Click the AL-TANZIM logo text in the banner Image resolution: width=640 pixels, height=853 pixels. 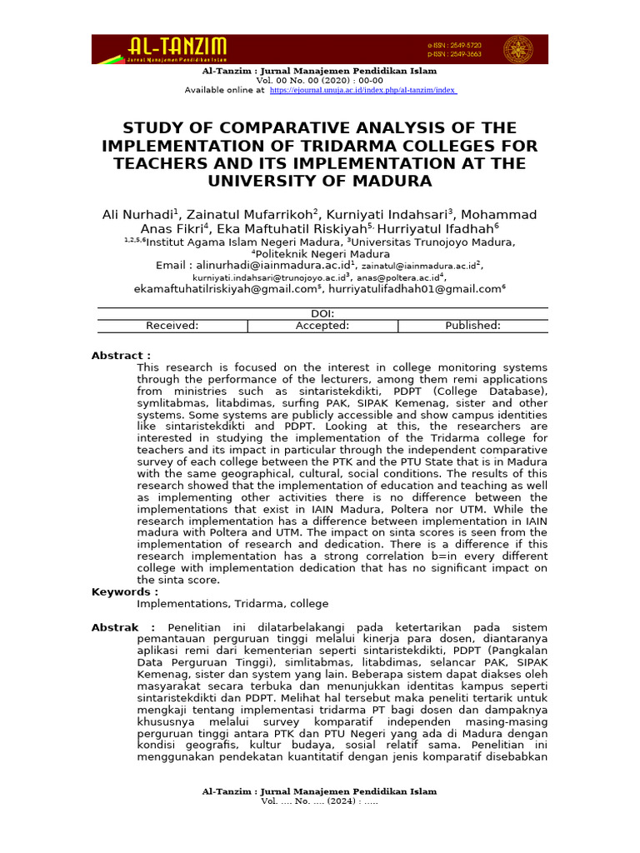177,46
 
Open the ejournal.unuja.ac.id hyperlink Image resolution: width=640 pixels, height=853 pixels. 362,90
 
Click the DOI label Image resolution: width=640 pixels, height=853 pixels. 322,314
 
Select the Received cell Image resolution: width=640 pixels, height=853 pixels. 172,326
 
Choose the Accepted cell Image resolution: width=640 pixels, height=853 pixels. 322,326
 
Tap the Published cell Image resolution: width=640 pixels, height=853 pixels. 472,326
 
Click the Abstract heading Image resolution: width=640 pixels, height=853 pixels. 121,356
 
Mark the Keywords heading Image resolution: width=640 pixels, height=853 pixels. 124,591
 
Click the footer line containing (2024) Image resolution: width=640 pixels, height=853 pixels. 319,801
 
